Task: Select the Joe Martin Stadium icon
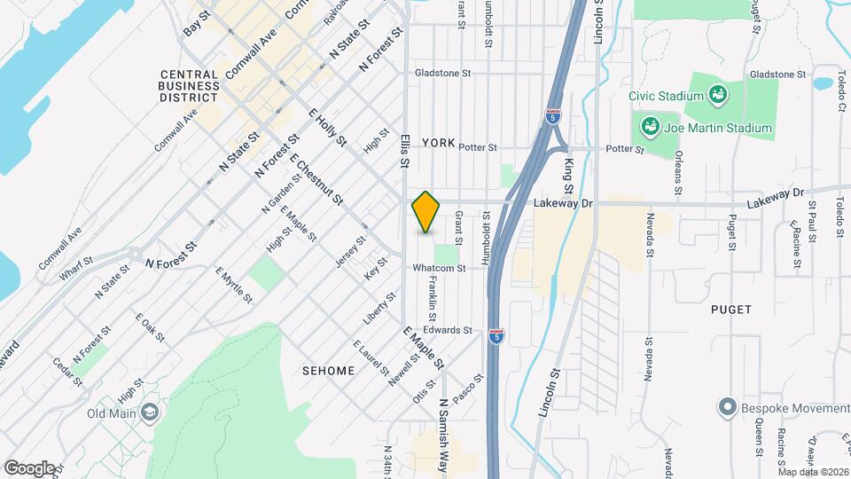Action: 651,128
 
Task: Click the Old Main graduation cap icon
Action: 151,412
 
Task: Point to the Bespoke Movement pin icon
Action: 727,407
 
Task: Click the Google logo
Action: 29,467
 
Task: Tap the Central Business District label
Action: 190,86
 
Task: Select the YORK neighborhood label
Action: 438,143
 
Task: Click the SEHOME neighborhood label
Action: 328,370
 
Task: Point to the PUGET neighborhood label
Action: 730,310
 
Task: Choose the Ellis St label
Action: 404,151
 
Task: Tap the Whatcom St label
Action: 438,268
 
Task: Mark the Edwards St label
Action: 460,330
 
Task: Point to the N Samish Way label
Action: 444,426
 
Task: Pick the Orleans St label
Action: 678,175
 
